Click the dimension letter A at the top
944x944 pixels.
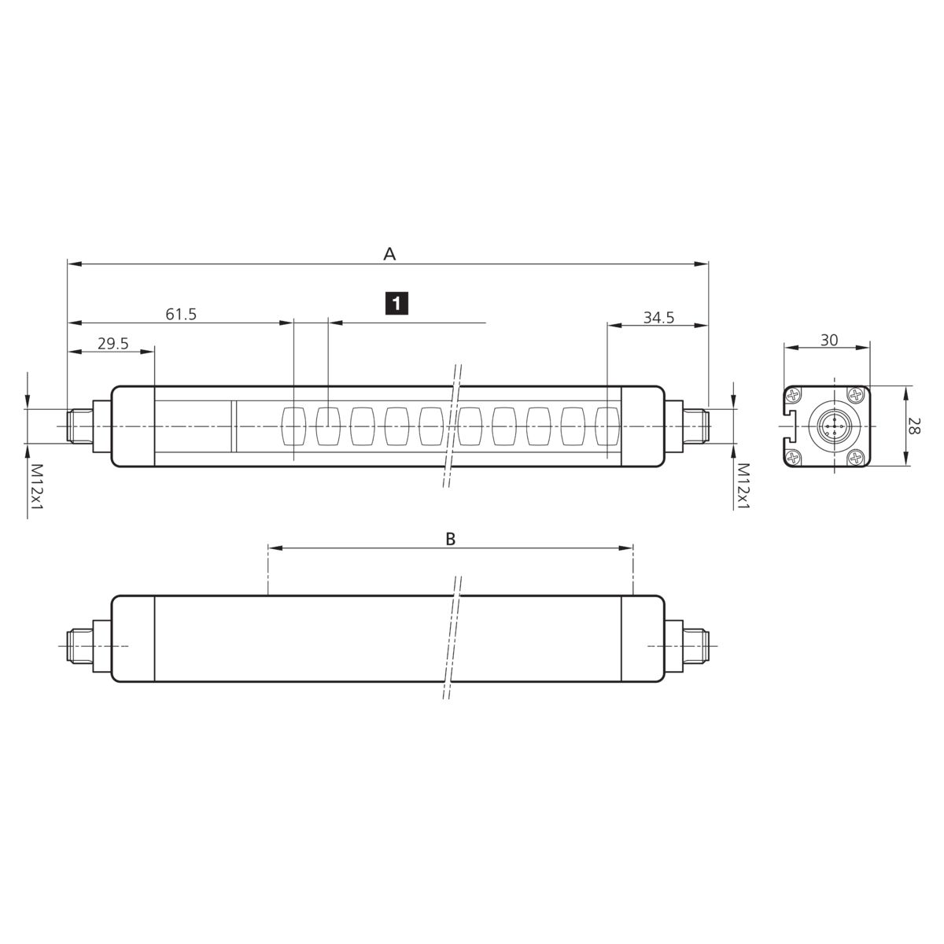(x=389, y=254)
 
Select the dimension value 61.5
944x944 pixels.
(x=181, y=314)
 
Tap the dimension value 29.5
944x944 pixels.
(x=112, y=344)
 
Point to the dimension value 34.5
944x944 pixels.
(x=658, y=318)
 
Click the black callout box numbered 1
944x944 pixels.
(x=396, y=303)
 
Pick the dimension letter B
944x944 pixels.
(x=450, y=539)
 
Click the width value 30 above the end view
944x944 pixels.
(x=829, y=340)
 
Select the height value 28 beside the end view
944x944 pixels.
(x=913, y=426)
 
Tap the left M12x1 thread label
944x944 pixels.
(x=38, y=487)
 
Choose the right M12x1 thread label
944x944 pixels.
(x=743, y=486)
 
